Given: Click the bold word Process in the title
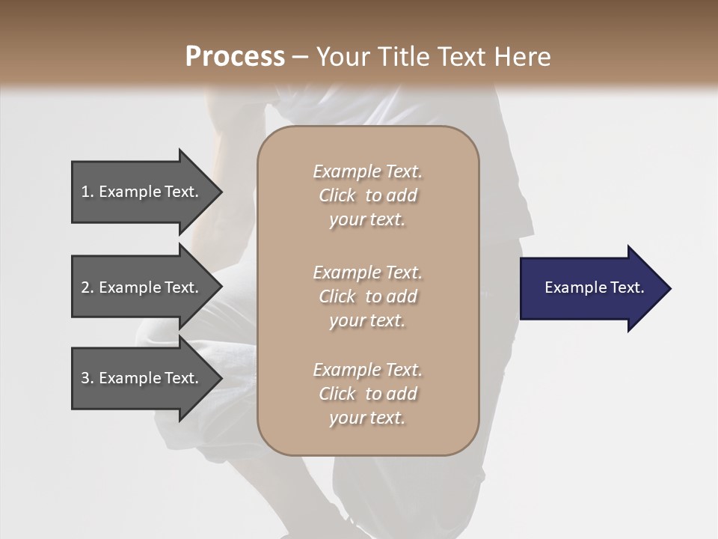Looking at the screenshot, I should click(235, 56).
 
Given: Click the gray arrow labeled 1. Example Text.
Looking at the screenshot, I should click(142, 192).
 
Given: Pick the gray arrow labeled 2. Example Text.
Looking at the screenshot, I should click(142, 287).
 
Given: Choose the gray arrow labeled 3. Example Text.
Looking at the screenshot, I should click(142, 378).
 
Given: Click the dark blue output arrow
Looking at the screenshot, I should click(591, 288).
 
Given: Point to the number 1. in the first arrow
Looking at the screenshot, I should click(88, 192).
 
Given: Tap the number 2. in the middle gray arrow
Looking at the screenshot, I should click(88, 287).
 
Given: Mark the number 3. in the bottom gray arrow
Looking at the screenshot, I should click(88, 378).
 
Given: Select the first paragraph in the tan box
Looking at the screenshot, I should click(367, 195).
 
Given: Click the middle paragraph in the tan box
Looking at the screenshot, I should click(367, 296).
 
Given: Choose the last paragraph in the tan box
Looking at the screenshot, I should click(367, 394).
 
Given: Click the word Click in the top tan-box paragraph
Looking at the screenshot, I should click(337, 195).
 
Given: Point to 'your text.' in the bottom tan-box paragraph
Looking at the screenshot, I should click(367, 418).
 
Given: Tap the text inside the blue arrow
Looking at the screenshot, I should click(594, 287).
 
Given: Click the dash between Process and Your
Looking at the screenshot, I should click(301, 57).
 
